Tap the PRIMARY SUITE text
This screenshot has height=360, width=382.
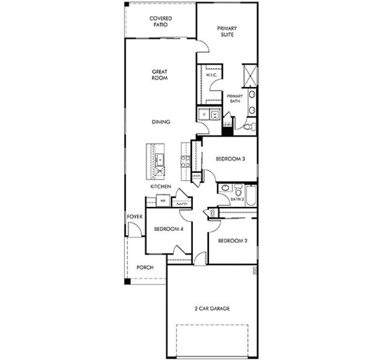(227, 31)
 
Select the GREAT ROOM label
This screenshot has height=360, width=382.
(159, 75)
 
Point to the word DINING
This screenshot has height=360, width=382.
(160, 122)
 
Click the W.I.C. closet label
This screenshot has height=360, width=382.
(211, 75)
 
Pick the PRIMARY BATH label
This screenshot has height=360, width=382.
(234, 99)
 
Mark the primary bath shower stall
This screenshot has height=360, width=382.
(249, 76)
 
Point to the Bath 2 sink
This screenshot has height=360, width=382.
(225, 188)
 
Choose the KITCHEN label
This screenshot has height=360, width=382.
(160, 187)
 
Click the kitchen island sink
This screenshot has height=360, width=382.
(160, 160)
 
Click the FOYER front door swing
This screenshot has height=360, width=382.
(136, 229)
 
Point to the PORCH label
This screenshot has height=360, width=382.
(145, 268)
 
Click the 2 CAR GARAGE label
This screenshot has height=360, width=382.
(212, 308)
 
